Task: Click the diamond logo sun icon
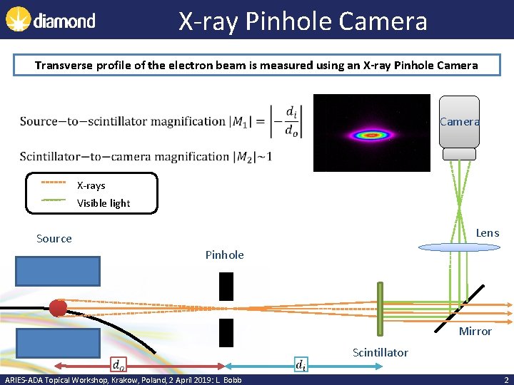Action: [x=18, y=20]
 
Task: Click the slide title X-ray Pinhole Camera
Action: [x=303, y=21]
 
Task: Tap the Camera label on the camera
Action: [x=460, y=122]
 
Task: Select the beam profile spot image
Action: [x=371, y=133]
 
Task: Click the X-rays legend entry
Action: [x=91, y=185]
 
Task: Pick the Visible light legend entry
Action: [x=104, y=203]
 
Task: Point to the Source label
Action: [x=54, y=239]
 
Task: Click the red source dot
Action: [x=58, y=308]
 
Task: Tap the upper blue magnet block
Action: [x=58, y=271]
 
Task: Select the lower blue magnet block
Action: [x=58, y=343]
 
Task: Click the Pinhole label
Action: [x=224, y=255]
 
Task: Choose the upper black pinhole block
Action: [x=226, y=286]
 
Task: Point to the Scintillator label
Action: [x=381, y=352]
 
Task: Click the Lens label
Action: [x=488, y=233]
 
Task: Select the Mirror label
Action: [x=475, y=331]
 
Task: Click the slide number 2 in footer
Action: [x=505, y=379]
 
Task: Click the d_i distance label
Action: [x=302, y=365]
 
